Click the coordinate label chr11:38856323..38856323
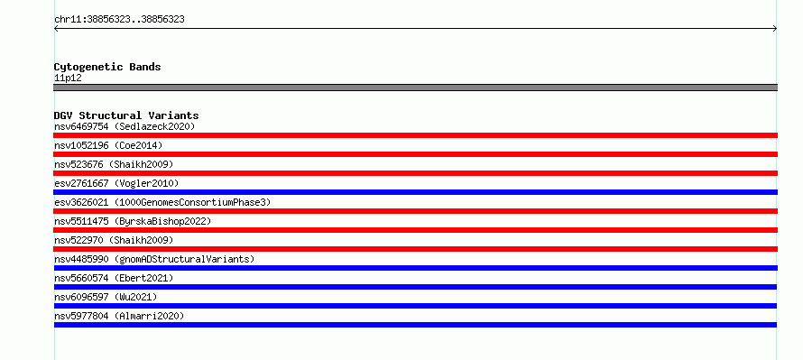pyautogui.click(x=119, y=20)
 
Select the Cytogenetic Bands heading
pyautogui.click(x=107, y=67)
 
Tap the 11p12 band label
pyautogui.click(x=68, y=78)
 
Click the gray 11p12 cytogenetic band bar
pyautogui.click(x=415, y=88)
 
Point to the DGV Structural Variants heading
pyautogui.click(x=126, y=115)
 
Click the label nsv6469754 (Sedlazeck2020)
pyautogui.click(x=125, y=126)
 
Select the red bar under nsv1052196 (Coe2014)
pyautogui.click(x=415, y=154)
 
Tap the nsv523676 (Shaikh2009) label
pyautogui.click(x=114, y=164)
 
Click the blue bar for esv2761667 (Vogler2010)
pyautogui.click(x=415, y=192)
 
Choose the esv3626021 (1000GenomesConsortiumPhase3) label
pyautogui.click(x=162, y=202)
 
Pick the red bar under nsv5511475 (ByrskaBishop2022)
pyautogui.click(x=415, y=230)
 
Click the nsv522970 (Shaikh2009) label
pyautogui.click(x=114, y=240)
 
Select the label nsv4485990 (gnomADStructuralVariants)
pyautogui.click(x=154, y=259)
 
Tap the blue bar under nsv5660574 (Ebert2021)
pyautogui.click(x=415, y=287)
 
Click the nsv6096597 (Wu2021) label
pyautogui.click(x=106, y=297)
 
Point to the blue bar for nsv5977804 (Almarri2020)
pyautogui.click(x=415, y=325)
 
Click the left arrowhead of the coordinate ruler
pyautogui.click(x=55, y=29)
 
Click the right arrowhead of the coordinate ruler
pyautogui.click(x=776, y=29)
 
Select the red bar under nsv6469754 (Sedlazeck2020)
pyautogui.click(x=415, y=135)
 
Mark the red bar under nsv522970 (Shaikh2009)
pyautogui.click(x=415, y=249)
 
